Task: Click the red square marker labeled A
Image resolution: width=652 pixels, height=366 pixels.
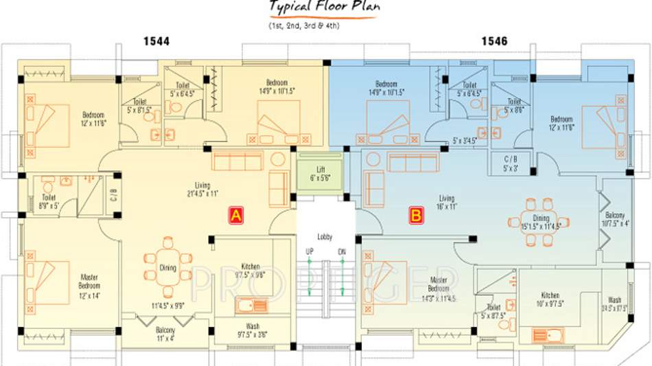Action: (x=235, y=215)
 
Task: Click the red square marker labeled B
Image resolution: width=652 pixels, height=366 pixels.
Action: (x=416, y=216)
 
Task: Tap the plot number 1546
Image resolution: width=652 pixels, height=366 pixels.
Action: (x=494, y=42)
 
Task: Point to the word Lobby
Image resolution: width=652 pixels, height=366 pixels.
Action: (x=325, y=237)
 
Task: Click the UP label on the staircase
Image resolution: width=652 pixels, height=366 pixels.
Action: (x=309, y=252)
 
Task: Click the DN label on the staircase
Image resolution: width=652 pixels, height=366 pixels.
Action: (x=342, y=252)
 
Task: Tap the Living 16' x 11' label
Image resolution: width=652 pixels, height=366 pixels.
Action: (x=447, y=203)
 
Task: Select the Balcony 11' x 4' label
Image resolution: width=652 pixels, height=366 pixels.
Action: (x=164, y=334)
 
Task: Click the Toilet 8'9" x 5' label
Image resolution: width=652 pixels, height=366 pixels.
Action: (x=48, y=201)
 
